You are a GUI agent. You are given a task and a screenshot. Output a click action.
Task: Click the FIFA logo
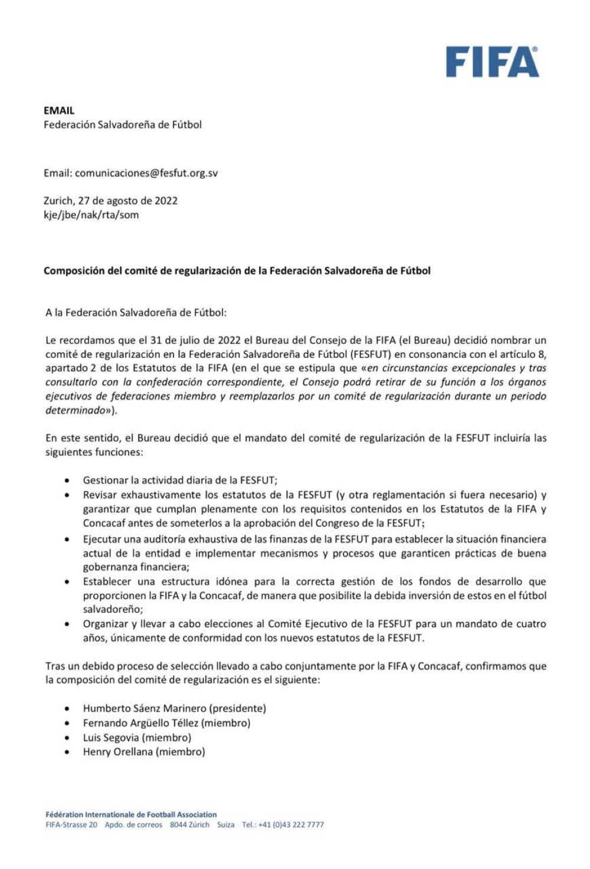492,62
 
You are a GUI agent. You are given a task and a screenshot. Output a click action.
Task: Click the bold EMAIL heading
59,110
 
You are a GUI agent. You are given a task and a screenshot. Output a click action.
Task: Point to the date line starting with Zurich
110,200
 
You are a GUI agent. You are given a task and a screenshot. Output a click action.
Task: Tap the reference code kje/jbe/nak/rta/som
91,215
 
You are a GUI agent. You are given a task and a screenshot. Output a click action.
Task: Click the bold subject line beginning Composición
237,271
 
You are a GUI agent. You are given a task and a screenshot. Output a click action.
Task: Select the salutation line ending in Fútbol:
136,312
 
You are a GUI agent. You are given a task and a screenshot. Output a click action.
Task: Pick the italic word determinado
75,410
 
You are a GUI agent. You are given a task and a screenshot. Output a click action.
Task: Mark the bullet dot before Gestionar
67,480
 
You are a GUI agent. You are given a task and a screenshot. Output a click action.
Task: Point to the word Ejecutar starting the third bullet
102,539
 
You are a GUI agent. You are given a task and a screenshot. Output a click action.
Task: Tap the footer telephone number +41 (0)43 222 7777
291,825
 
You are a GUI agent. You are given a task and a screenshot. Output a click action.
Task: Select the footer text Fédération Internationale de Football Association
131,815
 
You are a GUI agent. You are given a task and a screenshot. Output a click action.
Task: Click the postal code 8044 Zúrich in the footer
189,825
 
